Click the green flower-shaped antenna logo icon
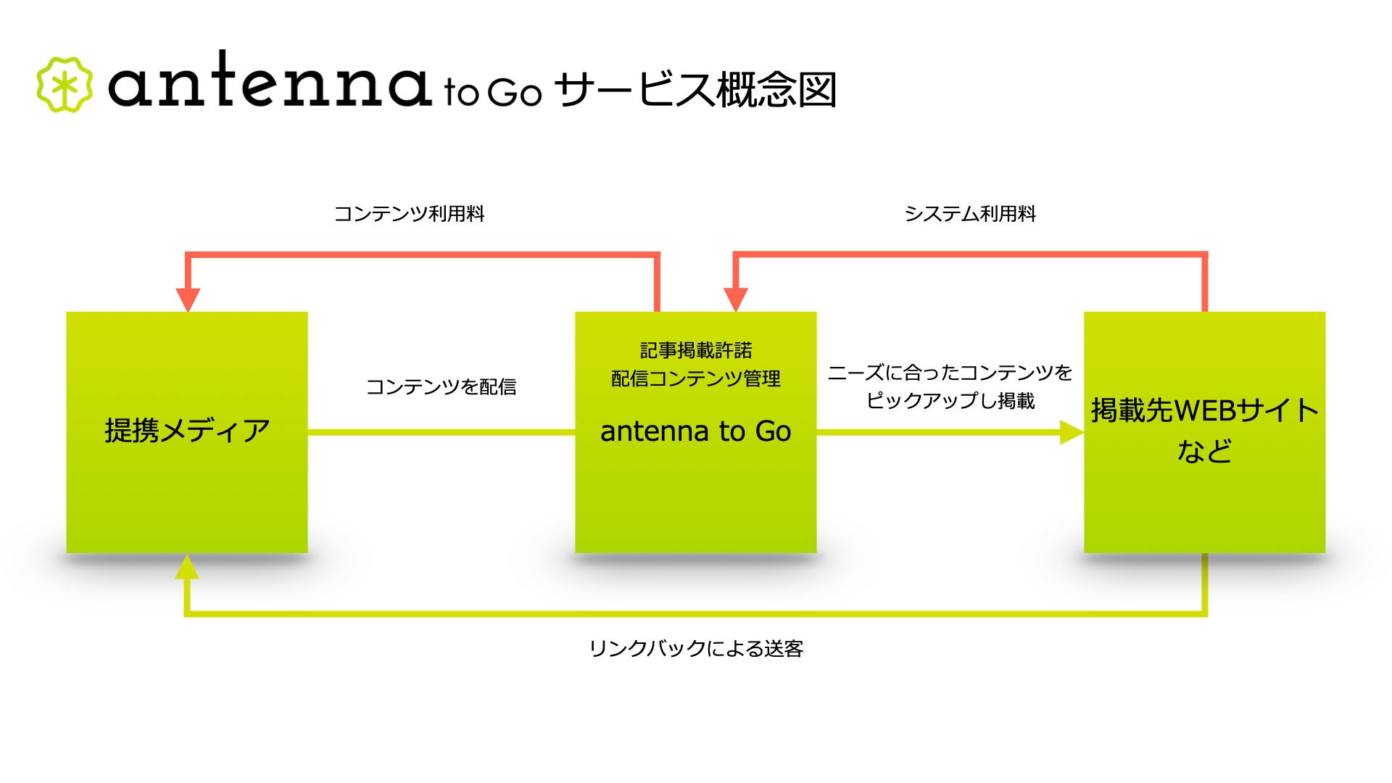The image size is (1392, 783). click(x=65, y=85)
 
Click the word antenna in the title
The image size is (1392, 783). click(x=269, y=81)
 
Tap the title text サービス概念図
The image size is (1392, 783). click(x=695, y=91)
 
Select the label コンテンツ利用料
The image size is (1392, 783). click(x=409, y=214)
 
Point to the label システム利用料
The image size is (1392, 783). click(x=970, y=214)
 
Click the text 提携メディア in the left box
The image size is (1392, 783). click(x=187, y=431)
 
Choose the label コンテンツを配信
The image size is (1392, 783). click(x=441, y=386)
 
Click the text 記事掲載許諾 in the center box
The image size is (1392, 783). click(x=696, y=351)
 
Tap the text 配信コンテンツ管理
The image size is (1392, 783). click(x=696, y=378)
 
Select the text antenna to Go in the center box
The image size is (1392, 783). click(x=696, y=431)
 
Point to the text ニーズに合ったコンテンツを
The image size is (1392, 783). click(x=950, y=373)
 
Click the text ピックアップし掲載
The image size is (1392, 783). click(x=950, y=400)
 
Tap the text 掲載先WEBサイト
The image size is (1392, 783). click(x=1204, y=410)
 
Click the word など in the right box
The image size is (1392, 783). click(x=1204, y=451)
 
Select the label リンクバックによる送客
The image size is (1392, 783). click(x=696, y=648)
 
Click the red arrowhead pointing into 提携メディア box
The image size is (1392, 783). click(x=188, y=299)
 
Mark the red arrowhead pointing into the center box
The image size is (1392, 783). click(x=736, y=299)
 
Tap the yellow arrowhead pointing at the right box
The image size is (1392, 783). click(x=1071, y=433)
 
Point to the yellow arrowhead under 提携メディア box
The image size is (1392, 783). click(x=187, y=568)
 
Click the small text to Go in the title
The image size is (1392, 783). click(x=493, y=93)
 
